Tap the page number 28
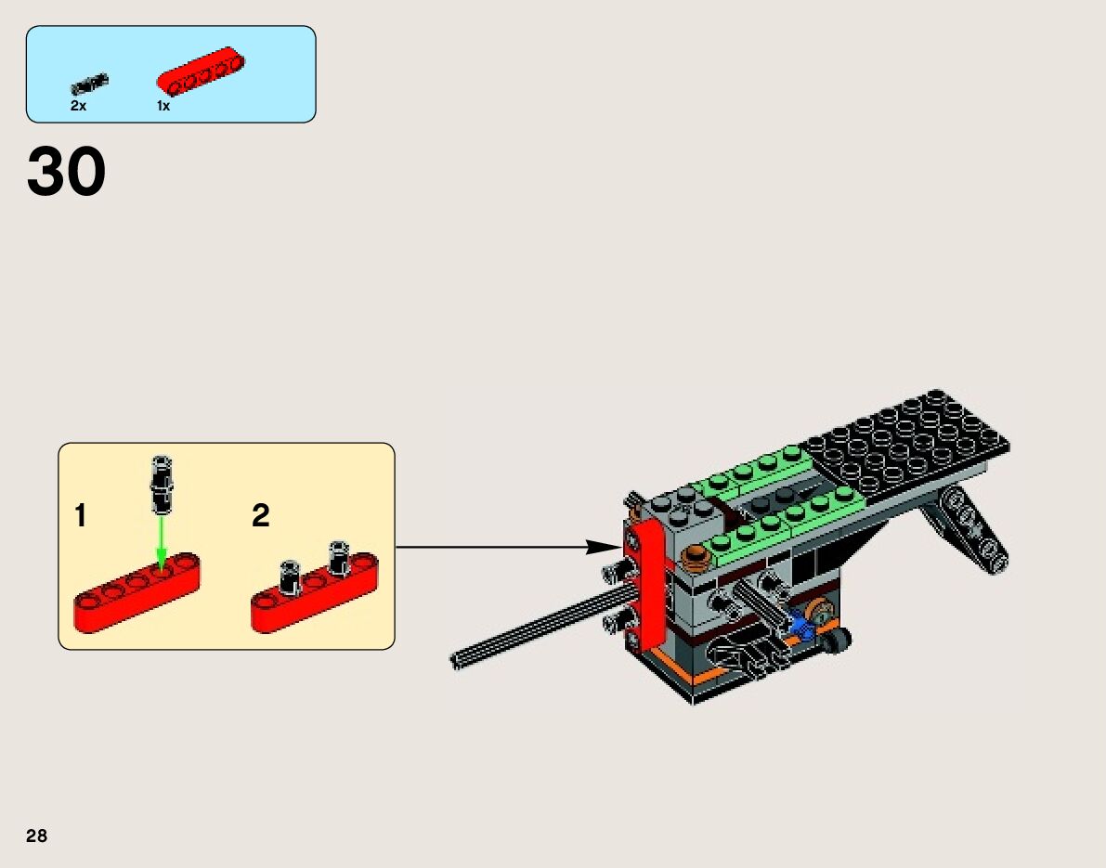pyautogui.click(x=37, y=836)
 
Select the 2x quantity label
pyautogui.click(x=78, y=107)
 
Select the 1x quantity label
pyautogui.click(x=163, y=107)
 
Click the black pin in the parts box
pyautogui.click(x=90, y=84)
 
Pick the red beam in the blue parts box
pyautogui.click(x=202, y=70)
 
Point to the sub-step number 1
pyautogui.click(x=81, y=516)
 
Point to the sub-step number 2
pyautogui.click(x=261, y=516)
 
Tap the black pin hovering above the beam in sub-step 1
pyautogui.click(x=163, y=483)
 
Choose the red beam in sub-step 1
pyautogui.click(x=137, y=591)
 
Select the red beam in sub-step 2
pyautogui.click(x=314, y=594)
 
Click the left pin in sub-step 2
pyautogui.click(x=291, y=577)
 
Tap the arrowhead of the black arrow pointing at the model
pyautogui.click(x=602, y=547)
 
